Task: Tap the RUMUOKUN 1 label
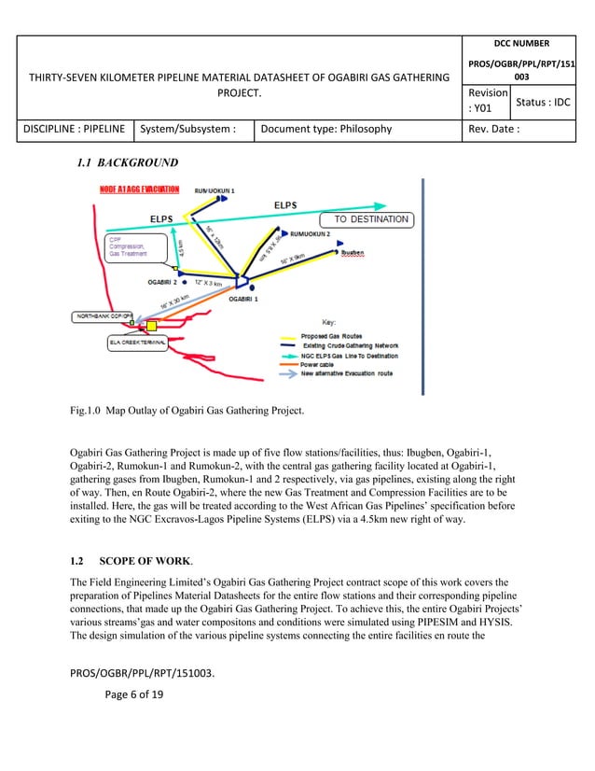(x=214, y=190)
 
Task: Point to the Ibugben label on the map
(x=358, y=252)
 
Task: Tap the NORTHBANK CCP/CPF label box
(x=104, y=317)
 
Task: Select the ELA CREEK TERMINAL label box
(x=136, y=343)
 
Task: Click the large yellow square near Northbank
(x=151, y=326)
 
